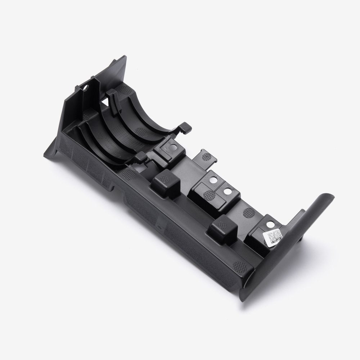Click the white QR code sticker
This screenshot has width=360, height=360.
point(274,237)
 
